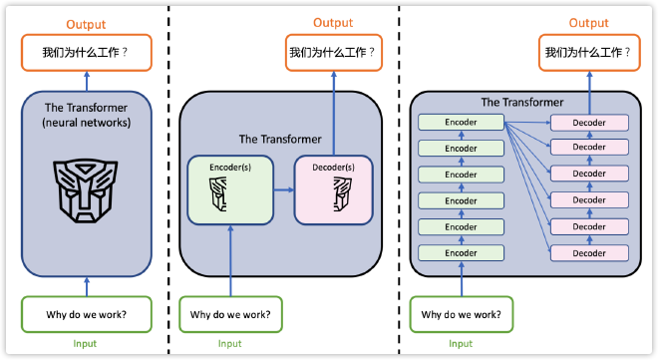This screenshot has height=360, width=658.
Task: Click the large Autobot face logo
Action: click(87, 189)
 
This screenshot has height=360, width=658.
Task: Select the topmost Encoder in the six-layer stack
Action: click(461, 122)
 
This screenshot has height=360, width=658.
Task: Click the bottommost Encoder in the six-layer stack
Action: click(461, 253)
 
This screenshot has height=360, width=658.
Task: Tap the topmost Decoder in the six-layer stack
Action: click(588, 122)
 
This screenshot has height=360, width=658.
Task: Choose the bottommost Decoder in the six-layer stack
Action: click(588, 253)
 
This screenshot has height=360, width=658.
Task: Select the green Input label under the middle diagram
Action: click(229, 344)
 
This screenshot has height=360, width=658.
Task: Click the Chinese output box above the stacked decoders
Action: click(588, 53)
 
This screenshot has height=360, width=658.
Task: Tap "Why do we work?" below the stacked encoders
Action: click(461, 315)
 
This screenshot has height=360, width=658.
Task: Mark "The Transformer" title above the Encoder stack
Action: click(521, 102)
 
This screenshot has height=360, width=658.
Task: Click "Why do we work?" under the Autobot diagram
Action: click(87, 315)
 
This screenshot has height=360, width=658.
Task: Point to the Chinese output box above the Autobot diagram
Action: click(86, 53)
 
